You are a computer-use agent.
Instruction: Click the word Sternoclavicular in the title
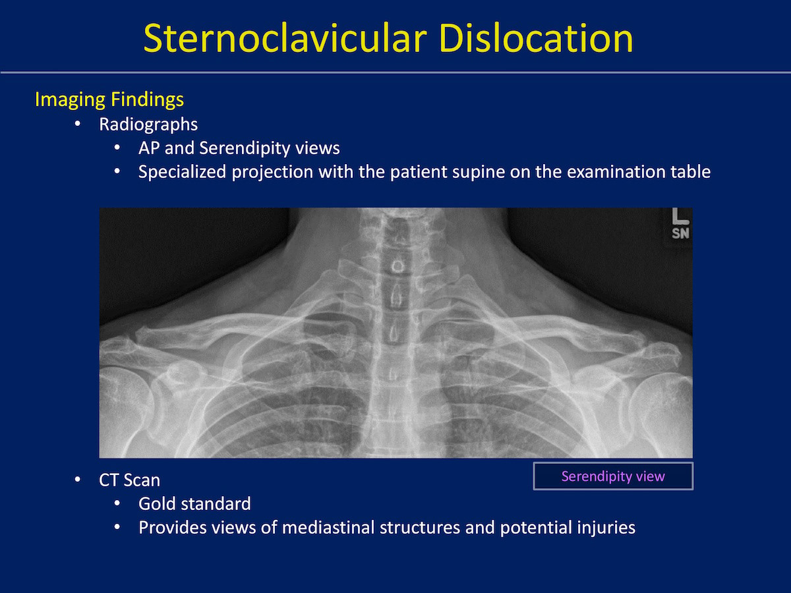point(285,38)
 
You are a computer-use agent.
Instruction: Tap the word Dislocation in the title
point(536,38)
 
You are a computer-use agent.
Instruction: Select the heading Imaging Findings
point(109,99)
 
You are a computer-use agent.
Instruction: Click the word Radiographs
point(148,125)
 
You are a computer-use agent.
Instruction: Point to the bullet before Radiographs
point(78,124)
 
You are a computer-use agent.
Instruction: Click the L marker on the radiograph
point(680,216)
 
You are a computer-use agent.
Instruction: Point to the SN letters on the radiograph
point(680,233)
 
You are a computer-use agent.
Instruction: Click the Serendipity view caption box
point(613,476)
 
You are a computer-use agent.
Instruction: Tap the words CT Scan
point(129,480)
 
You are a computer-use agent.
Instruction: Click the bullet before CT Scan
point(78,480)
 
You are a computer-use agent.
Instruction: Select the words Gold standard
point(194,503)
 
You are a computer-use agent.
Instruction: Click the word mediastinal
point(328,528)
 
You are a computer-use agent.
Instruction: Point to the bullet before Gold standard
point(117,503)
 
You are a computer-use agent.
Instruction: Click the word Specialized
point(182,172)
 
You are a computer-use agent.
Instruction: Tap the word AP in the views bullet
point(149,148)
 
